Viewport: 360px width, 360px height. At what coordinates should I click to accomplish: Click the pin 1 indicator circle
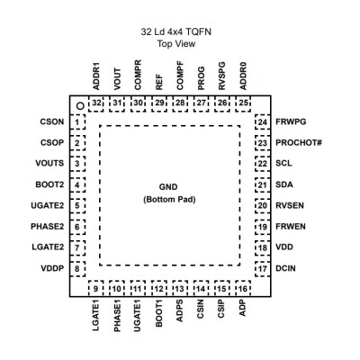80,105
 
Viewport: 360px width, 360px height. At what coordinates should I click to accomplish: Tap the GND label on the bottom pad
168,187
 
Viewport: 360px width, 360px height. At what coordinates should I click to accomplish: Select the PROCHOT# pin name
299,142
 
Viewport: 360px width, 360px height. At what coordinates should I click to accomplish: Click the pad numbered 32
96,103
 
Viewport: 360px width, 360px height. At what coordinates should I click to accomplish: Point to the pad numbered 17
263,269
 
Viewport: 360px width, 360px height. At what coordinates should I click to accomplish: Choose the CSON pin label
52,121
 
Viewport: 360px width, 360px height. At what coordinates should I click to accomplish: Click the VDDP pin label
52,268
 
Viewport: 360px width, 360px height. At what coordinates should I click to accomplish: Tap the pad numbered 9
96,289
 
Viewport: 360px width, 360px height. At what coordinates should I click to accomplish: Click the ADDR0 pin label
243,76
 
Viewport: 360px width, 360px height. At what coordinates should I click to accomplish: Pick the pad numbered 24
263,122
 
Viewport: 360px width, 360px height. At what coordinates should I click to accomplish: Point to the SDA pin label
284,184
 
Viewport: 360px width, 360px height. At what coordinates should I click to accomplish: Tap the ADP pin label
242,308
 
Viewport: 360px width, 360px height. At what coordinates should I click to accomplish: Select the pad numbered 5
77,206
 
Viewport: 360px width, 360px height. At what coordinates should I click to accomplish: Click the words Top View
176,44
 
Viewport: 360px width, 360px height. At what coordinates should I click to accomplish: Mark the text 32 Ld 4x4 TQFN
176,31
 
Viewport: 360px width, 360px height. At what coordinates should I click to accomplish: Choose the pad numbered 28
180,103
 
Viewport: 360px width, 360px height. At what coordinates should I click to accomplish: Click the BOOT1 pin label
159,313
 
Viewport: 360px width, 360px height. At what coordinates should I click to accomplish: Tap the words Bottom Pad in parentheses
169,200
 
